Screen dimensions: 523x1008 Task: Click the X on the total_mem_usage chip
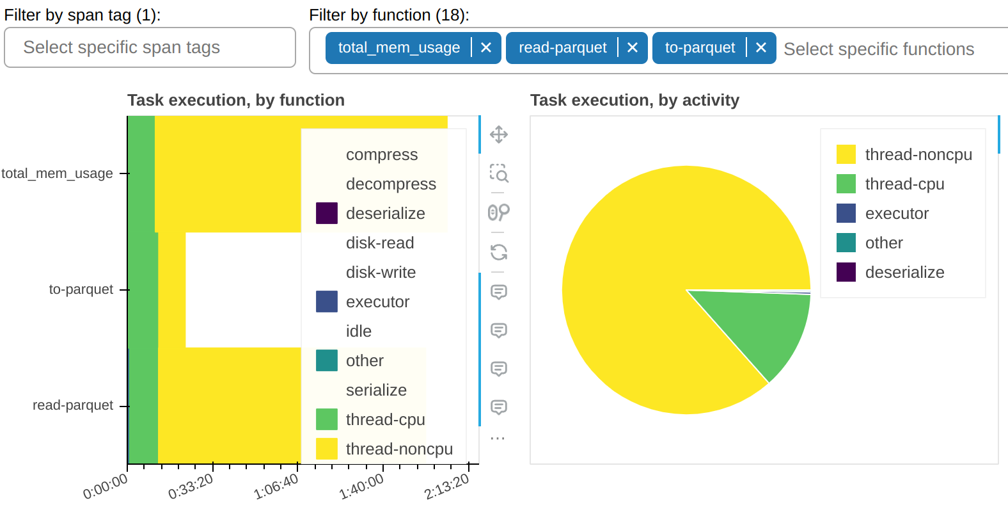[x=486, y=48]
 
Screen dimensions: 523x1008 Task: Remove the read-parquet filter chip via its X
[x=633, y=48]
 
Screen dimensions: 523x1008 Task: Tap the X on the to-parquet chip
[x=761, y=48]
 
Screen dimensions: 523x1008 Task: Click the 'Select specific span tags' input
[x=150, y=47]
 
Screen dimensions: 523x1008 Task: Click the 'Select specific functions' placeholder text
[x=878, y=49]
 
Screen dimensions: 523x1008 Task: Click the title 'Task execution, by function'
[x=236, y=101]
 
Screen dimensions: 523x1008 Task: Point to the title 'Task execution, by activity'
[x=634, y=101]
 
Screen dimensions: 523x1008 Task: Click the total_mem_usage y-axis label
[x=58, y=173]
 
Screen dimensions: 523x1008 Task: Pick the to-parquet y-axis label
[x=81, y=289]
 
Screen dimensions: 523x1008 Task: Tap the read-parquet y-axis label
[x=73, y=405]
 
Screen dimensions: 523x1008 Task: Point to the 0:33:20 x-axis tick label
[x=191, y=487]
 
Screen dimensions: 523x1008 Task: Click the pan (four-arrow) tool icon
[x=499, y=134]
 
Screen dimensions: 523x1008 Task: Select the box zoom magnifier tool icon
[x=499, y=173]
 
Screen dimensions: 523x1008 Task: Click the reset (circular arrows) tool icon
[x=499, y=252]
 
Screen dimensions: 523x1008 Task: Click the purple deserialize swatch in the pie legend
[x=846, y=272]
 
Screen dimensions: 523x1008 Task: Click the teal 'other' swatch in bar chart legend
[x=327, y=360]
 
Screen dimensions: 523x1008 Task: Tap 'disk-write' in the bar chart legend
[x=381, y=273]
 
